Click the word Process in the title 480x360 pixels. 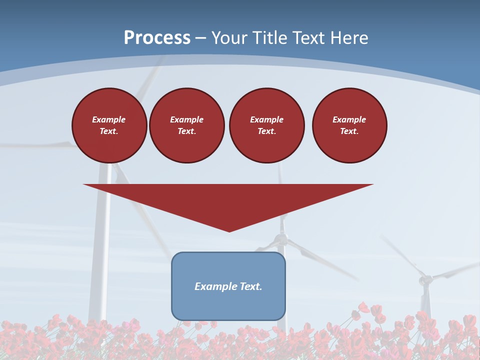coord(157,38)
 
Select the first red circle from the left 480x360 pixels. coord(109,125)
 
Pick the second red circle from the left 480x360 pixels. coord(187,125)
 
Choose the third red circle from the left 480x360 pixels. coord(267,125)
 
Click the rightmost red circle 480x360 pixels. coord(349,125)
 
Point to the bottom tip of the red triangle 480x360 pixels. coord(229,231)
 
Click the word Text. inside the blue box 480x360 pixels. coord(250,286)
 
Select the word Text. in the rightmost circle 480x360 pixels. coord(349,131)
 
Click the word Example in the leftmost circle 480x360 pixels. coord(109,119)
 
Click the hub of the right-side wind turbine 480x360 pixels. coord(425,279)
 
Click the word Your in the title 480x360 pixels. coord(228,38)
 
